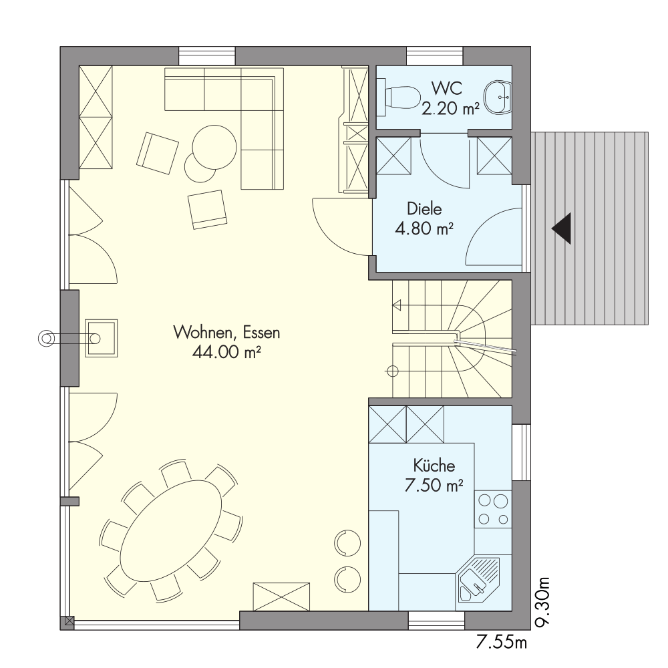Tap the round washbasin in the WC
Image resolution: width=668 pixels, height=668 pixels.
tap(498, 98)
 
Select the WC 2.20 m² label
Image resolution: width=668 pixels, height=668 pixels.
tap(450, 98)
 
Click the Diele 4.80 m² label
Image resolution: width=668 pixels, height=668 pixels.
tap(424, 218)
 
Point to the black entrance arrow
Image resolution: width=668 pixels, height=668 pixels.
tap(562, 228)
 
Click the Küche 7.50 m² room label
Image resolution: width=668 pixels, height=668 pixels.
tap(434, 476)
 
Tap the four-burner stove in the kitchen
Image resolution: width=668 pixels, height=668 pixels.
tap(494, 508)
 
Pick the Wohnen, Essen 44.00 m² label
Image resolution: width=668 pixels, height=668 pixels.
tap(226, 342)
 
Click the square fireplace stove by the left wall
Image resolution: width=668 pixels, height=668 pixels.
tap(102, 338)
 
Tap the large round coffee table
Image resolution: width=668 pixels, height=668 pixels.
tap(214, 147)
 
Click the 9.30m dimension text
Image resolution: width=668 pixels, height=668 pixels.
tap(542, 602)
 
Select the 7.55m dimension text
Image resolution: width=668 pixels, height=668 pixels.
tap(501, 642)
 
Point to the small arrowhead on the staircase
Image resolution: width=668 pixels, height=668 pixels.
tap(397, 305)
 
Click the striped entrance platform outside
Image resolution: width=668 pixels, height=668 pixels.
tap(590, 228)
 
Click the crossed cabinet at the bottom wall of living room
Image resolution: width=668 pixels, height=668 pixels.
tap(281, 597)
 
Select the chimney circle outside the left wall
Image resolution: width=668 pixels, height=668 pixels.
tap(45, 338)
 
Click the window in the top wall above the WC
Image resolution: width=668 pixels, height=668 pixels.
tap(435, 56)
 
